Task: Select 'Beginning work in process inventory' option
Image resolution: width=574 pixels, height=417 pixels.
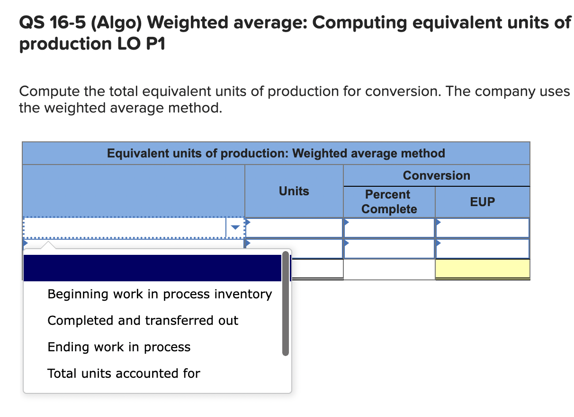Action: coord(160,294)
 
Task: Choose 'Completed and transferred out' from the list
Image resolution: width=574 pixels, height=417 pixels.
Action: coord(143,321)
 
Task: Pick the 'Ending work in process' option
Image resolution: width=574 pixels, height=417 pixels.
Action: coord(119,347)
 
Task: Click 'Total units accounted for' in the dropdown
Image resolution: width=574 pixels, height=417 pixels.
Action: coord(124,374)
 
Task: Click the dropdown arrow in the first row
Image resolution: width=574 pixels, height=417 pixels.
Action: coord(235,227)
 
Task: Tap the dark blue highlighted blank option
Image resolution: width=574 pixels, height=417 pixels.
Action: coord(152,268)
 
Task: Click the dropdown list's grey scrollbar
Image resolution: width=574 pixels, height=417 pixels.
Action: coord(286,304)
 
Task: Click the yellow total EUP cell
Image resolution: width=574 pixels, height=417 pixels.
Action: coord(483,269)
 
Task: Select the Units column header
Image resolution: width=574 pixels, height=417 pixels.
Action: coord(294,191)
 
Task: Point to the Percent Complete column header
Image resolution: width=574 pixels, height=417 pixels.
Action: coord(389,202)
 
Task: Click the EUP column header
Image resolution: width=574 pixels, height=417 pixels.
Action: coord(483,202)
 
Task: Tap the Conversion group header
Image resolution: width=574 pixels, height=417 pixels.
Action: coord(437,175)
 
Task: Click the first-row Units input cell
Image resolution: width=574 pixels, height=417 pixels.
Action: coord(294,228)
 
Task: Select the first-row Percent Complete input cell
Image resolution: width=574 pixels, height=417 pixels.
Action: coord(389,228)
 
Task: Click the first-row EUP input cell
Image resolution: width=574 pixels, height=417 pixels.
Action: coord(483,228)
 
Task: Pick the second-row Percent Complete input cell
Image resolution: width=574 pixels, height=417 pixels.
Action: coord(389,249)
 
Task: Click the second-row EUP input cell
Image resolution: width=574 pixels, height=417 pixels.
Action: coord(483,249)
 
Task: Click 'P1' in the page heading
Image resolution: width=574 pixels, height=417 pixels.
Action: coord(156,43)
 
